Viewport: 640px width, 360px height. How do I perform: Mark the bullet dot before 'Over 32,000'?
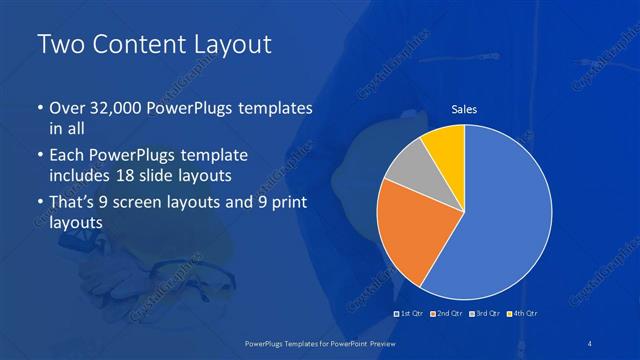[39, 108]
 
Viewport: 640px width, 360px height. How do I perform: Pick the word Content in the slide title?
[136, 45]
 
